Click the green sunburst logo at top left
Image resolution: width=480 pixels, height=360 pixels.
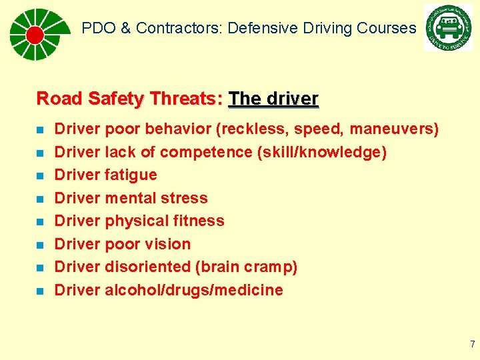[36, 34]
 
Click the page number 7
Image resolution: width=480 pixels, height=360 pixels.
[472, 345]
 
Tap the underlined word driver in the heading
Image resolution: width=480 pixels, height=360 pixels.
[291, 99]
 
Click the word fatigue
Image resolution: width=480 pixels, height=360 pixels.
[131, 175]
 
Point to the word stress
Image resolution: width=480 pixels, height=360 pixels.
[189, 198]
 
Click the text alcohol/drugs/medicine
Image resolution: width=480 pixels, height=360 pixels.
[193, 290]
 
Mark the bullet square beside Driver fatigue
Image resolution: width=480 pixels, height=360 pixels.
[41, 175]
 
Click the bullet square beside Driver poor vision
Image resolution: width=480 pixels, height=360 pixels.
[41, 245]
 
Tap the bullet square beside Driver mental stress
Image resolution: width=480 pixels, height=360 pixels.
[41, 199]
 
